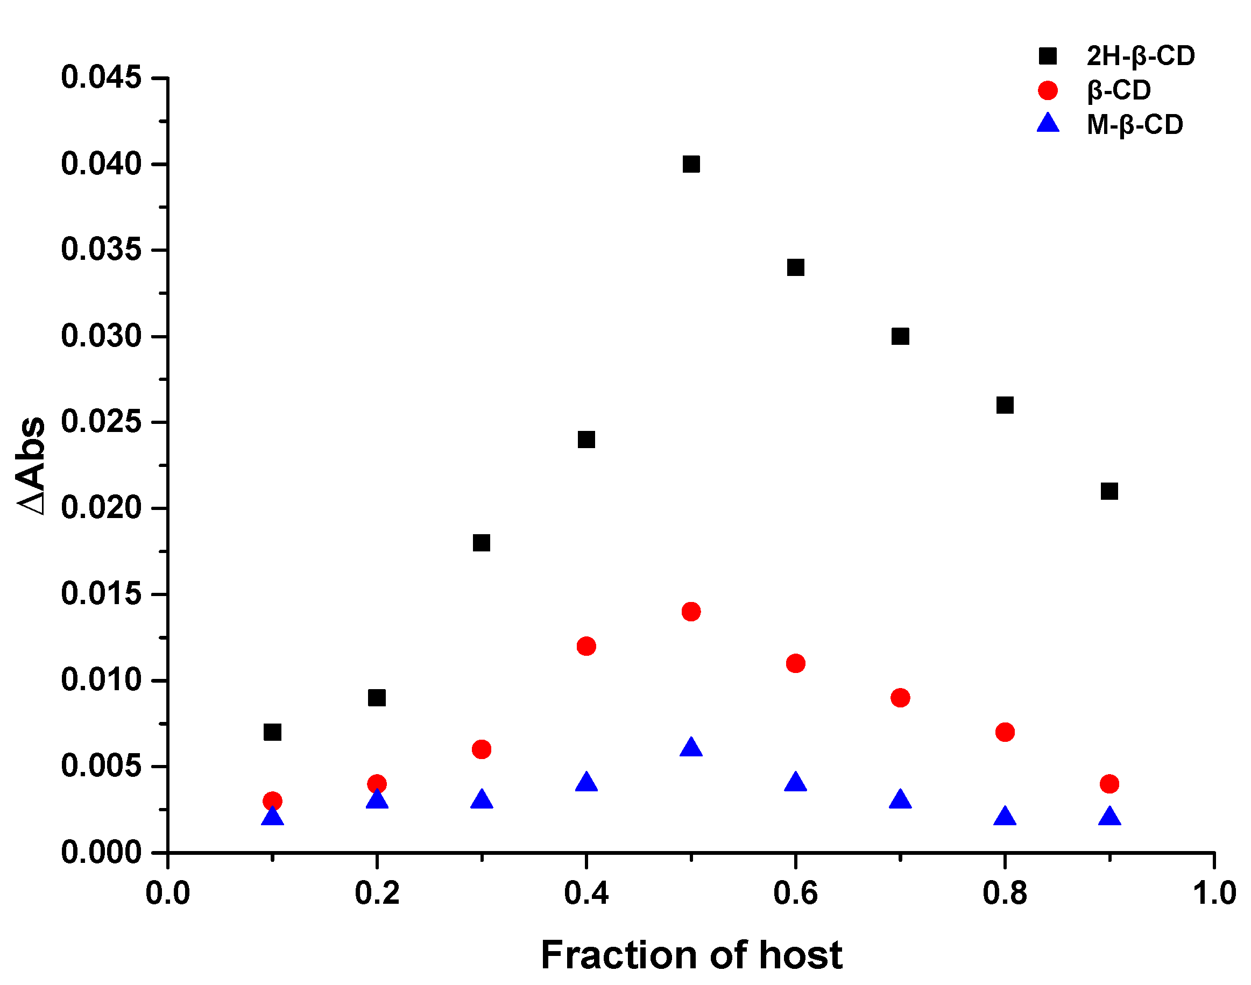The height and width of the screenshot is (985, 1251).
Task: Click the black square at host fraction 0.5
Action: pyautogui.click(x=691, y=165)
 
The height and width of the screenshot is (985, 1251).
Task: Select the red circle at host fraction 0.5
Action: pyautogui.click(x=691, y=611)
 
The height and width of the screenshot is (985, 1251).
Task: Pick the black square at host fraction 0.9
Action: pyautogui.click(x=1109, y=491)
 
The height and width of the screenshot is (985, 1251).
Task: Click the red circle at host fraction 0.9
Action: pyautogui.click(x=1109, y=784)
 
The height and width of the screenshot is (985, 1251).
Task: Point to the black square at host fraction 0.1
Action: pyautogui.click(x=272, y=732)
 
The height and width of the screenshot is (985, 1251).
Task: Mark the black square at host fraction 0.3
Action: pyautogui.click(x=482, y=543)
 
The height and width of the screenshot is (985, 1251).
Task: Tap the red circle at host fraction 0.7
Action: pyautogui.click(x=900, y=698)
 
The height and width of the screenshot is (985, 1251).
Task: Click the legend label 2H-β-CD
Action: pyautogui.click(x=1140, y=56)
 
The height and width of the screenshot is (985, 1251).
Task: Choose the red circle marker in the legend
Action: pyautogui.click(x=1048, y=90)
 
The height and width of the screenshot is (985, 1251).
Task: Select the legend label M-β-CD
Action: pyautogui.click(x=1134, y=125)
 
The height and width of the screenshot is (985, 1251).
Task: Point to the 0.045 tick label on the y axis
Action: pyautogui.click(x=101, y=77)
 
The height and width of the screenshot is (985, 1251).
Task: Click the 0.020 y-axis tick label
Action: pyautogui.click(x=101, y=508)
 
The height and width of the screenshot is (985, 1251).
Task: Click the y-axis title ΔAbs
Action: pyautogui.click(x=32, y=465)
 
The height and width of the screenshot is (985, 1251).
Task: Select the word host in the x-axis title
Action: pyautogui.click(x=800, y=955)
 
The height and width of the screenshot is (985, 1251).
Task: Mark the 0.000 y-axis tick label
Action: pyautogui.click(x=101, y=852)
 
